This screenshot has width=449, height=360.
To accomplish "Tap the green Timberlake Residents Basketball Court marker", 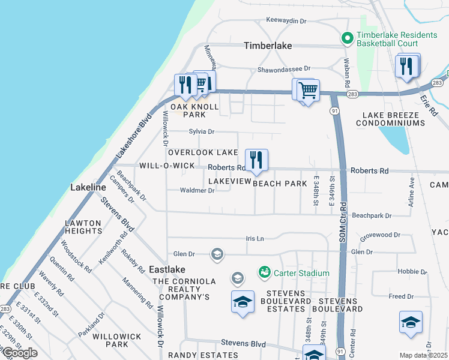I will coord(347,38).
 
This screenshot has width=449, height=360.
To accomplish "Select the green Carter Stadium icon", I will coord(264,273).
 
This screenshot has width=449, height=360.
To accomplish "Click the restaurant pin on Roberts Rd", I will coord(256,160).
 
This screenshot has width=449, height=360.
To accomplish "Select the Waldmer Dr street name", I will coord(197,191).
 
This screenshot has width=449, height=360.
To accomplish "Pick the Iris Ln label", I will coord(255,239).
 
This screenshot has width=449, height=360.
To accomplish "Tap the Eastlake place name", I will coord(167,270).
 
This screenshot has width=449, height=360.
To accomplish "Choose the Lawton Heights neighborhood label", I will coord(83,227).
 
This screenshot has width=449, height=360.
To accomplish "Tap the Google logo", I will coord(20,353).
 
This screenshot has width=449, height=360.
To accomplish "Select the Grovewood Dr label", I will coord(380,235).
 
